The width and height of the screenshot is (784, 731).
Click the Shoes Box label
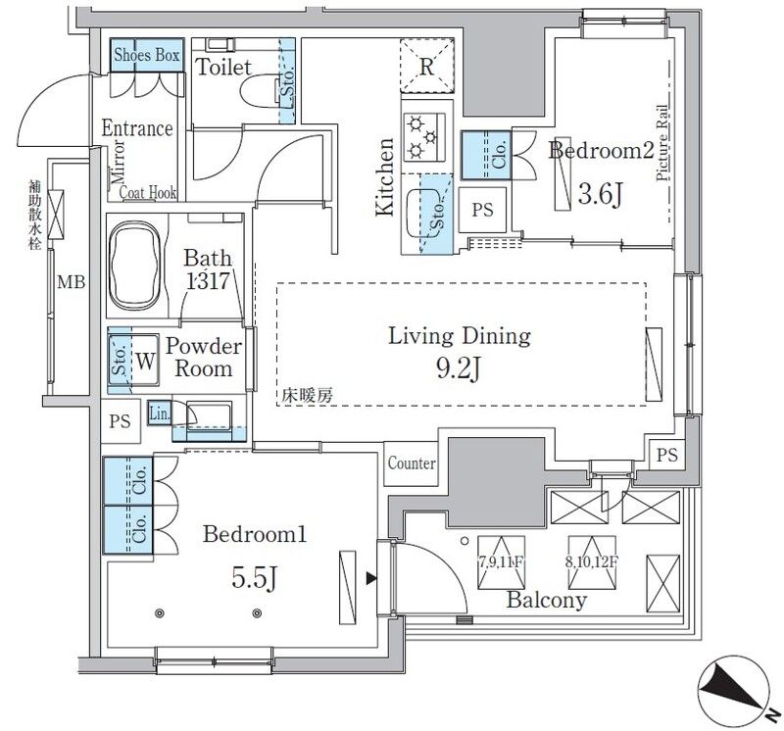(x=146, y=56)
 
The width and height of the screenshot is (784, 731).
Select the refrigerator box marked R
(x=426, y=68)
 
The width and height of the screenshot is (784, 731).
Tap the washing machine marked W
(x=144, y=361)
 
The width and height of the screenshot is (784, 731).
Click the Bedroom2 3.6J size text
(x=600, y=195)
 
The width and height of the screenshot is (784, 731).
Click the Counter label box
(x=412, y=463)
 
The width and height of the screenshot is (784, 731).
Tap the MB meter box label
(x=70, y=284)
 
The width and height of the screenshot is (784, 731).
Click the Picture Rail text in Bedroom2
(x=662, y=144)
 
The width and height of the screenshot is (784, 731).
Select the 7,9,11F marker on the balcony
(x=499, y=562)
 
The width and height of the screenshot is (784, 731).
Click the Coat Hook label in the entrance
(x=148, y=193)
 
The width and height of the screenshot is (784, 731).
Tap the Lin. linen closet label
(x=159, y=414)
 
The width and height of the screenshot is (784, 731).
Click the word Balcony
(x=547, y=601)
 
